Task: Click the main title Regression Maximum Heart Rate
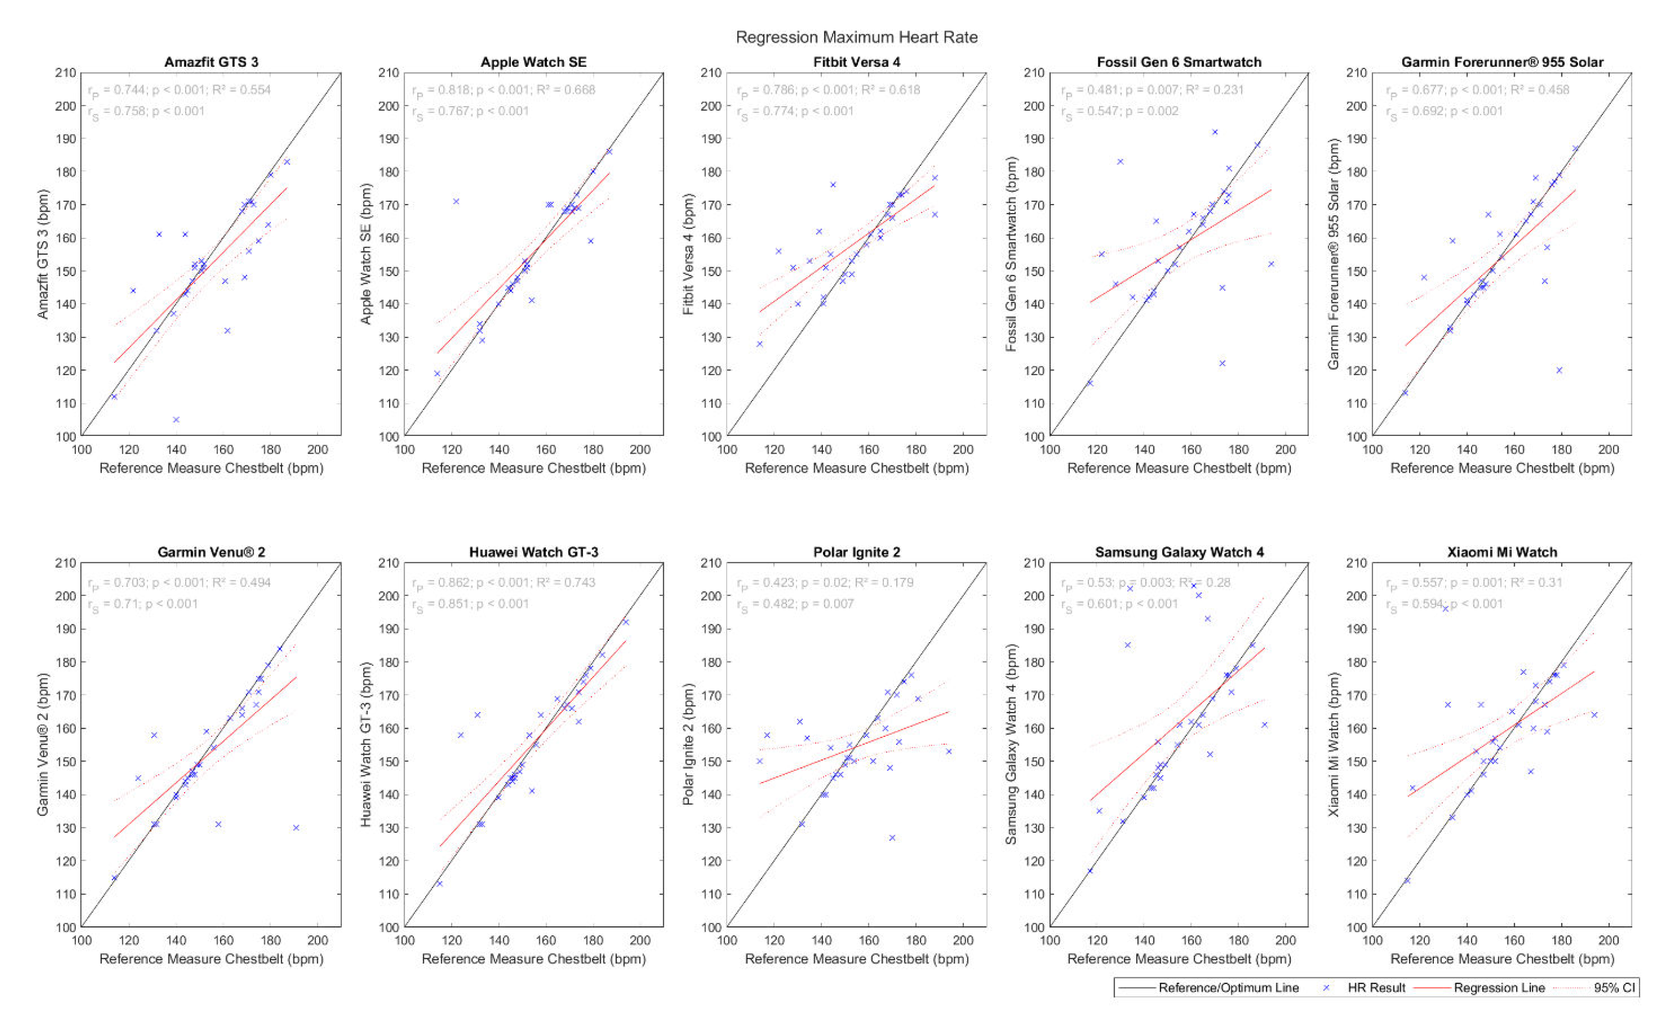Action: coord(856,37)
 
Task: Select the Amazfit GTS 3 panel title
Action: coord(212,62)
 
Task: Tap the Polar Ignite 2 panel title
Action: coord(856,552)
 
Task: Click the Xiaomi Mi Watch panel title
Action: coord(1502,552)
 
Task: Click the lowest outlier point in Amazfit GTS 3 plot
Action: coord(176,419)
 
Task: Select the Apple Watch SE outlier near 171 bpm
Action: coord(456,201)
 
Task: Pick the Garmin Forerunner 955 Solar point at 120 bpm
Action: coord(1559,370)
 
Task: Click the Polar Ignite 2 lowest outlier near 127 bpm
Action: coord(892,837)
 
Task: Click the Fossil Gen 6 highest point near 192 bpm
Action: coord(1215,132)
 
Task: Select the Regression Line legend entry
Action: coord(1499,988)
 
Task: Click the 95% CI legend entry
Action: coord(1614,988)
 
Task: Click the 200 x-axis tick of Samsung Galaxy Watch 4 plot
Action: coord(1285,940)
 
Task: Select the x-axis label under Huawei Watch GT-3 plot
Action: coord(533,959)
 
